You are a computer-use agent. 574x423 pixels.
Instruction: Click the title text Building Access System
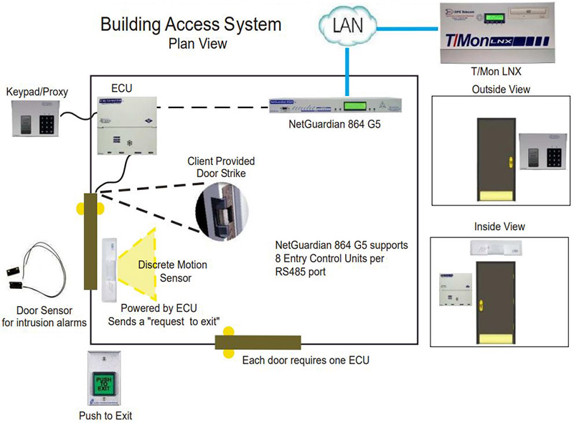tap(191, 24)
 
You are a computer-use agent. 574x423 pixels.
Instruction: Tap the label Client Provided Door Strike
tap(221, 167)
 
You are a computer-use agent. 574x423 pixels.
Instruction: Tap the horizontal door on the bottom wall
tap(258, 341)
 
